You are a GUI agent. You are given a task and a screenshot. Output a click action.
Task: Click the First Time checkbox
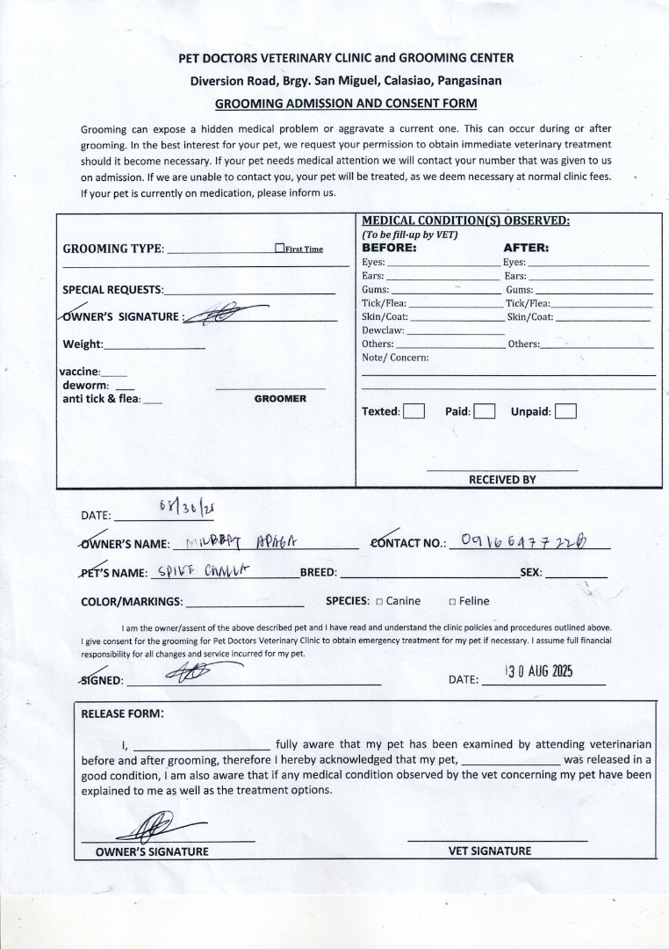(279, 249)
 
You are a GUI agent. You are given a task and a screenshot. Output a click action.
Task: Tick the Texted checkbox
(414, 411)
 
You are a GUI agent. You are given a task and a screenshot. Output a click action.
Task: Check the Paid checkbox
(485, 411)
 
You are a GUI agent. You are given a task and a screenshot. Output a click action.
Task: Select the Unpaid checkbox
(566, 411)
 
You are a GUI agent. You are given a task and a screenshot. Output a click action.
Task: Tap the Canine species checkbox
(379, 602)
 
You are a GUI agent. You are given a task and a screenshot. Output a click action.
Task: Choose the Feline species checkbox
(452, 602)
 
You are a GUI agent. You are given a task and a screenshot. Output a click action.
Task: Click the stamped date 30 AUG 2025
(539, 671)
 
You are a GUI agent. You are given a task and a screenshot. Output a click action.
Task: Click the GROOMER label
(280, 399)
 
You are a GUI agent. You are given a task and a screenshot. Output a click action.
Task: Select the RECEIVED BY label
(501, 480)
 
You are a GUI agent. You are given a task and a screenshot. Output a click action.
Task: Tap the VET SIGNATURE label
(490, 851)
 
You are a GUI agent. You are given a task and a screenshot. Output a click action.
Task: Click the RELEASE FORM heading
(122, 714)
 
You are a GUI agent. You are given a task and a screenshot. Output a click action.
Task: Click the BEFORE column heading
(389, 248)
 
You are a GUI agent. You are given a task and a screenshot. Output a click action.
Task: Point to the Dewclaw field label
(383, 330)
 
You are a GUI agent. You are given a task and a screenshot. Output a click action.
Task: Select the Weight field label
(83, 344)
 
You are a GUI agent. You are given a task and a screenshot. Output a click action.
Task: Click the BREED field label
(319, 572)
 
